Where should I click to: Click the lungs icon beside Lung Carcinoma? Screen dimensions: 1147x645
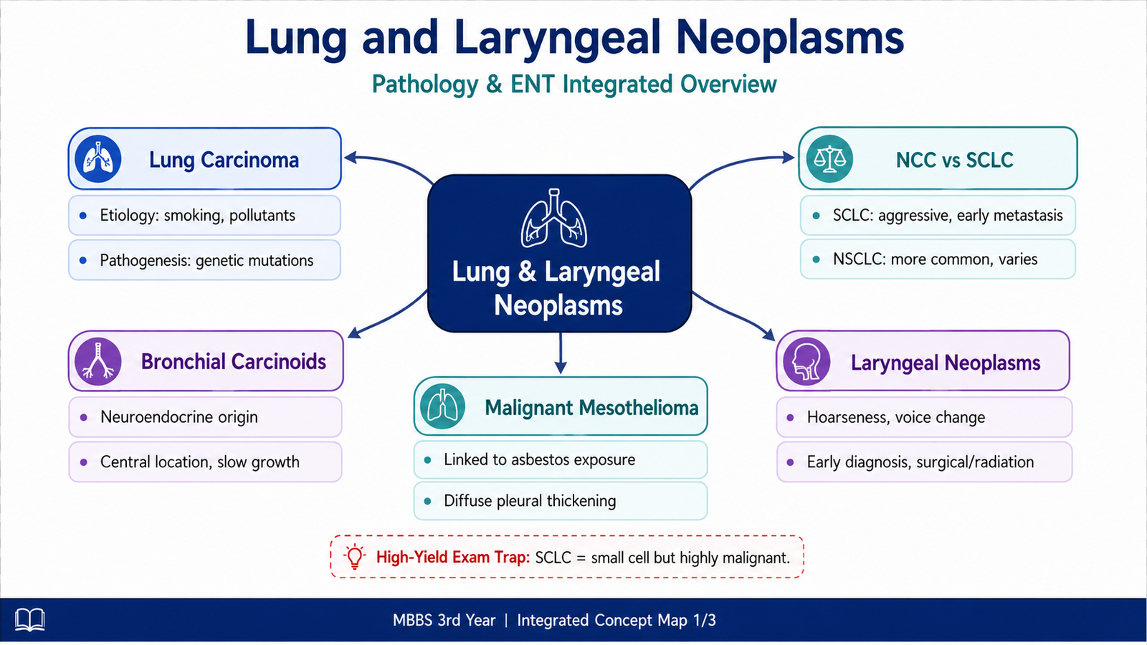tap(97, 158)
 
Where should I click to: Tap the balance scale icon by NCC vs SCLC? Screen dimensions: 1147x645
tap(829, 158)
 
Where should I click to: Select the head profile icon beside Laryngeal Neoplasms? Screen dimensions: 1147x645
tap(806, 361)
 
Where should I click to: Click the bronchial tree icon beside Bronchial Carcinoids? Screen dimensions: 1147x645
tap(97, 361)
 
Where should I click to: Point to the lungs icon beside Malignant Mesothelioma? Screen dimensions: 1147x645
tap(442, 406)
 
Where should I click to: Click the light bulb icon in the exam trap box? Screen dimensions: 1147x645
tap(354, 556)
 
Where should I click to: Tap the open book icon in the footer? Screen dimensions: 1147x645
tap(29, 620)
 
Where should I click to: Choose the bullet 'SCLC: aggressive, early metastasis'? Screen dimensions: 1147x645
tap(938, 215)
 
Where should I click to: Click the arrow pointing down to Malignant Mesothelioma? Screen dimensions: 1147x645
tap(561, 353)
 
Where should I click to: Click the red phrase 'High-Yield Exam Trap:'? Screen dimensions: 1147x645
tap(453, 557)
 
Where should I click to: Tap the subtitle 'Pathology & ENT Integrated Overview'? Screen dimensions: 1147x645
tap(574, 84)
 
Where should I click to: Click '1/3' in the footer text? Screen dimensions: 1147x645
tap(704, 621)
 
